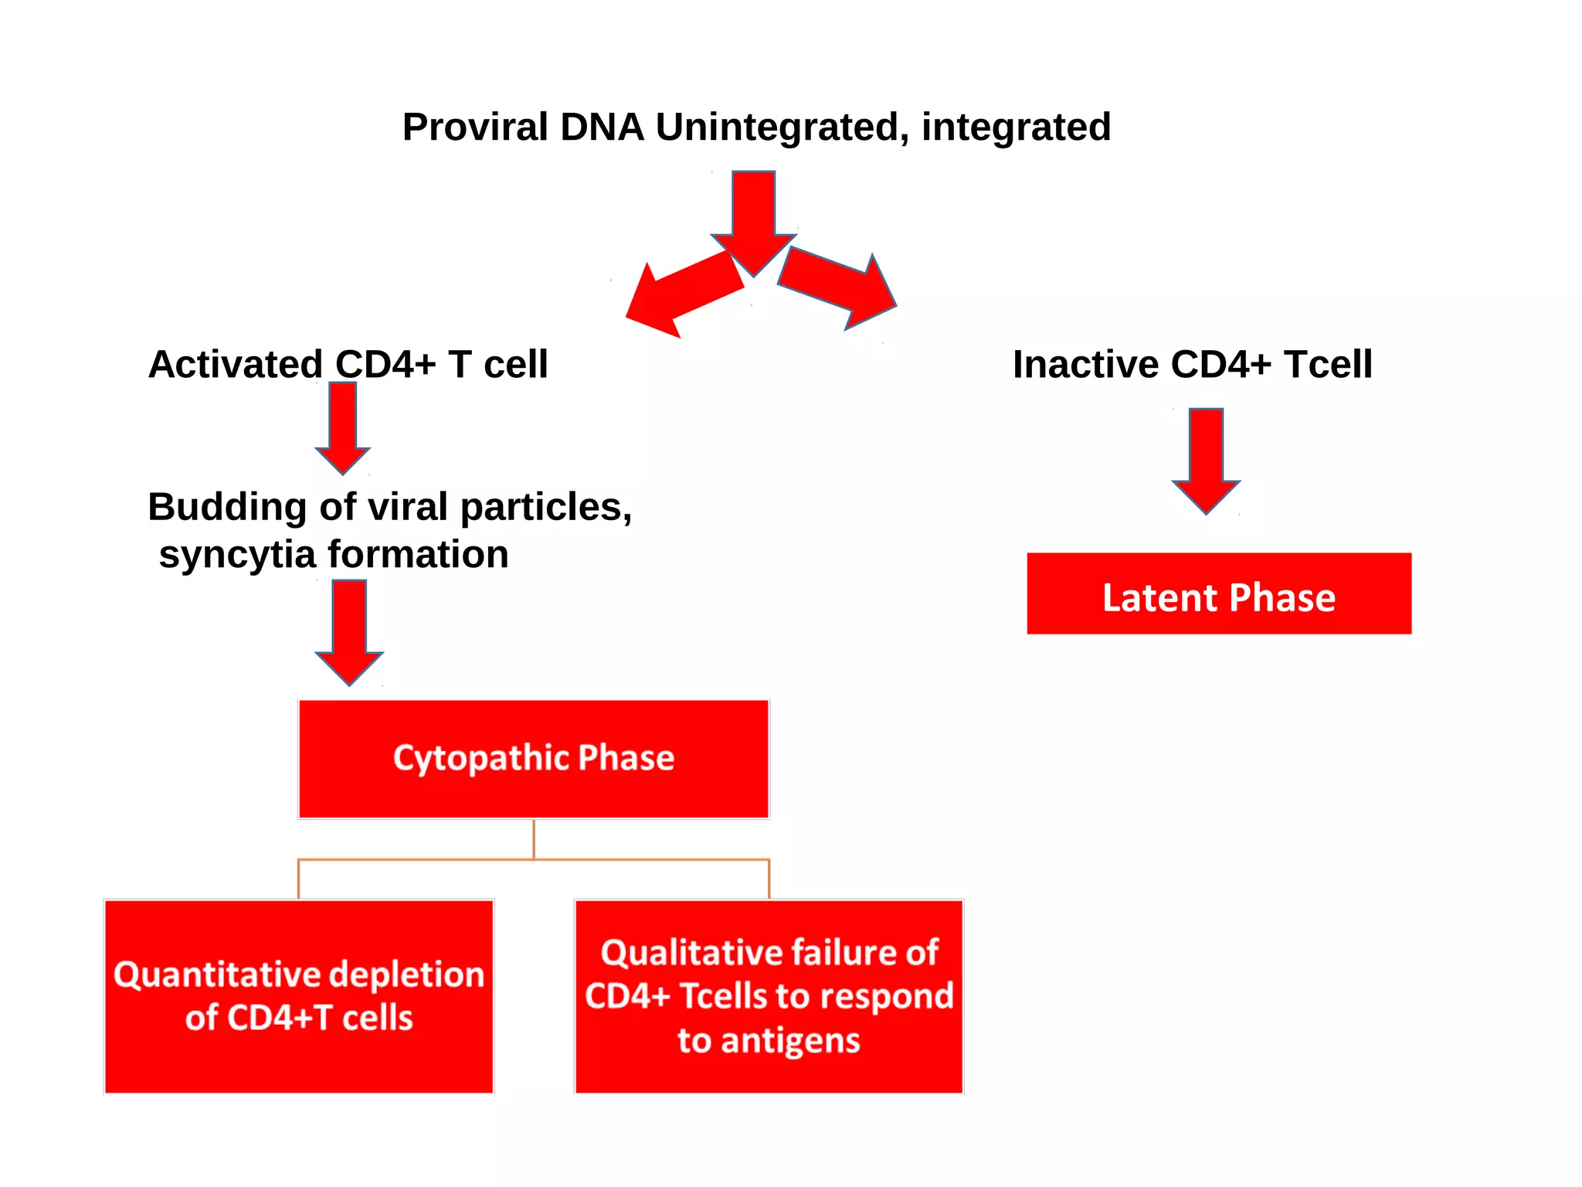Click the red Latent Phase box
(1218, 593)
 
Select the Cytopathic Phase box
(534, 759)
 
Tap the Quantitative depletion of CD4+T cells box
(299, 996)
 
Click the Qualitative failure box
(769, 996)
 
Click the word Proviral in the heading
(475, 127)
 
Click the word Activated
(235, 364)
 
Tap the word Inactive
(1085, 364)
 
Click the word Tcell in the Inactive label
(1328, 364)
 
